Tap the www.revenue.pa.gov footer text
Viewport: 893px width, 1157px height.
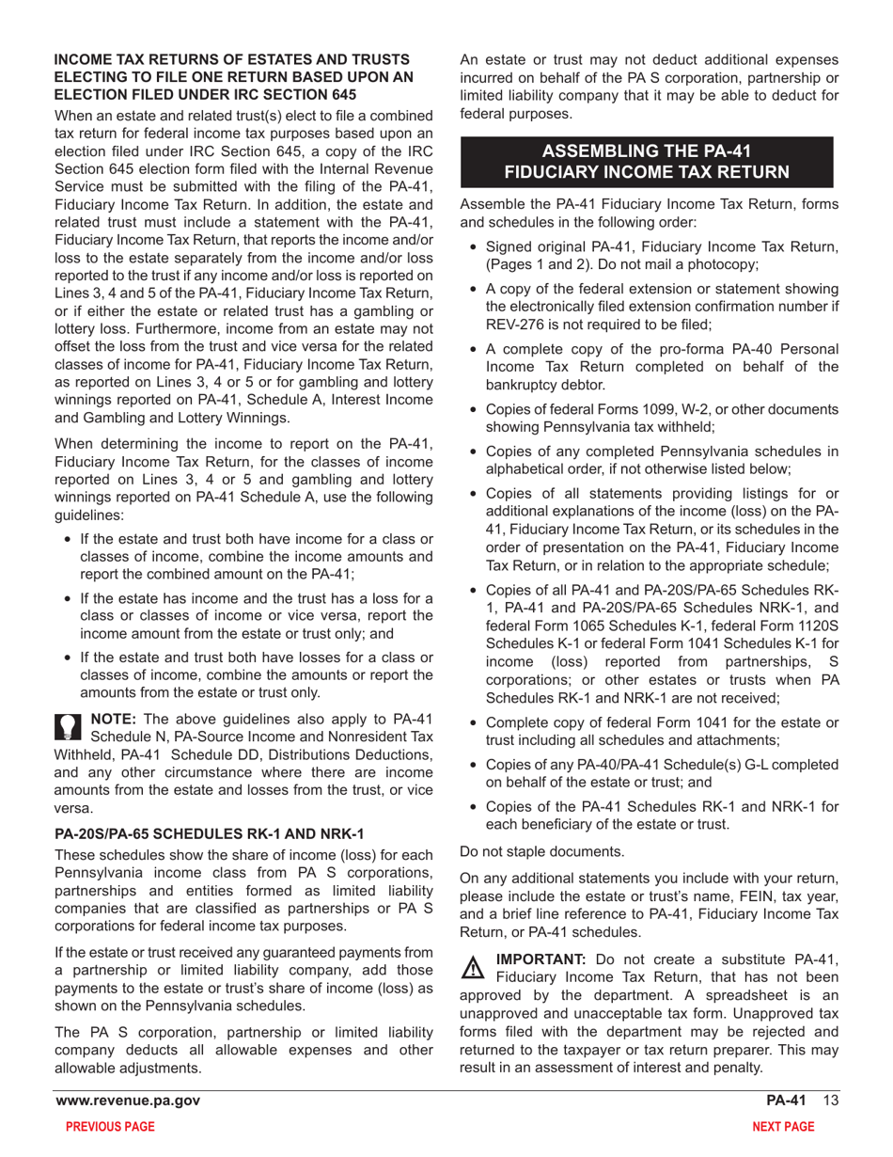click(x=127, y=1102)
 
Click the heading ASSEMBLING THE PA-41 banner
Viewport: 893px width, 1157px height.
click(x=647, y=161)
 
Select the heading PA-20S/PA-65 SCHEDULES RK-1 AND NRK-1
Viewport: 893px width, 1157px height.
click(x=209, y=833)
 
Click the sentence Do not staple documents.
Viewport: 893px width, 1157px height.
click(x=541, y=852)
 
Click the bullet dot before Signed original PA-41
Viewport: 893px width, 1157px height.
click(x=474, y=247)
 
